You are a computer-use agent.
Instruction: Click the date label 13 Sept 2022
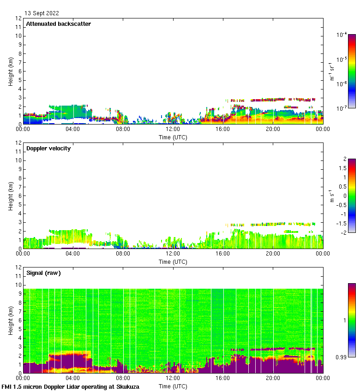(x=42, y=13)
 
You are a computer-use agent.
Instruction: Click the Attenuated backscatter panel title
(x=58, y=24)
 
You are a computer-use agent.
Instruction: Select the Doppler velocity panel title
(x=48, y=148)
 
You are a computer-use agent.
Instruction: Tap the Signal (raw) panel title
(x=43, y=273)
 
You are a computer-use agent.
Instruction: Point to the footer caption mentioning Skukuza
(x=70, y=386)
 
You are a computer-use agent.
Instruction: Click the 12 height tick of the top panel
(x=19, y=18)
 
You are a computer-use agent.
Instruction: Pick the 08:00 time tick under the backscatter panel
(x=123, y=129)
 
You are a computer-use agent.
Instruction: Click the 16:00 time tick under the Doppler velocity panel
(x=222, y=254)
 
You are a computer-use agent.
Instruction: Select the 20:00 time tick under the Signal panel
(x=272, y=378)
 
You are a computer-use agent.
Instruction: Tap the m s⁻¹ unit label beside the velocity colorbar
(x=331, y=195)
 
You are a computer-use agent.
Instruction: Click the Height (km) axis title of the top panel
(x=10, y=71)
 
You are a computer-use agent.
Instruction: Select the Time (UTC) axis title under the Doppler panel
(x=173, y=262)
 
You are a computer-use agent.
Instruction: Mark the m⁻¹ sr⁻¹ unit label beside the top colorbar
(x=331, y=71)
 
